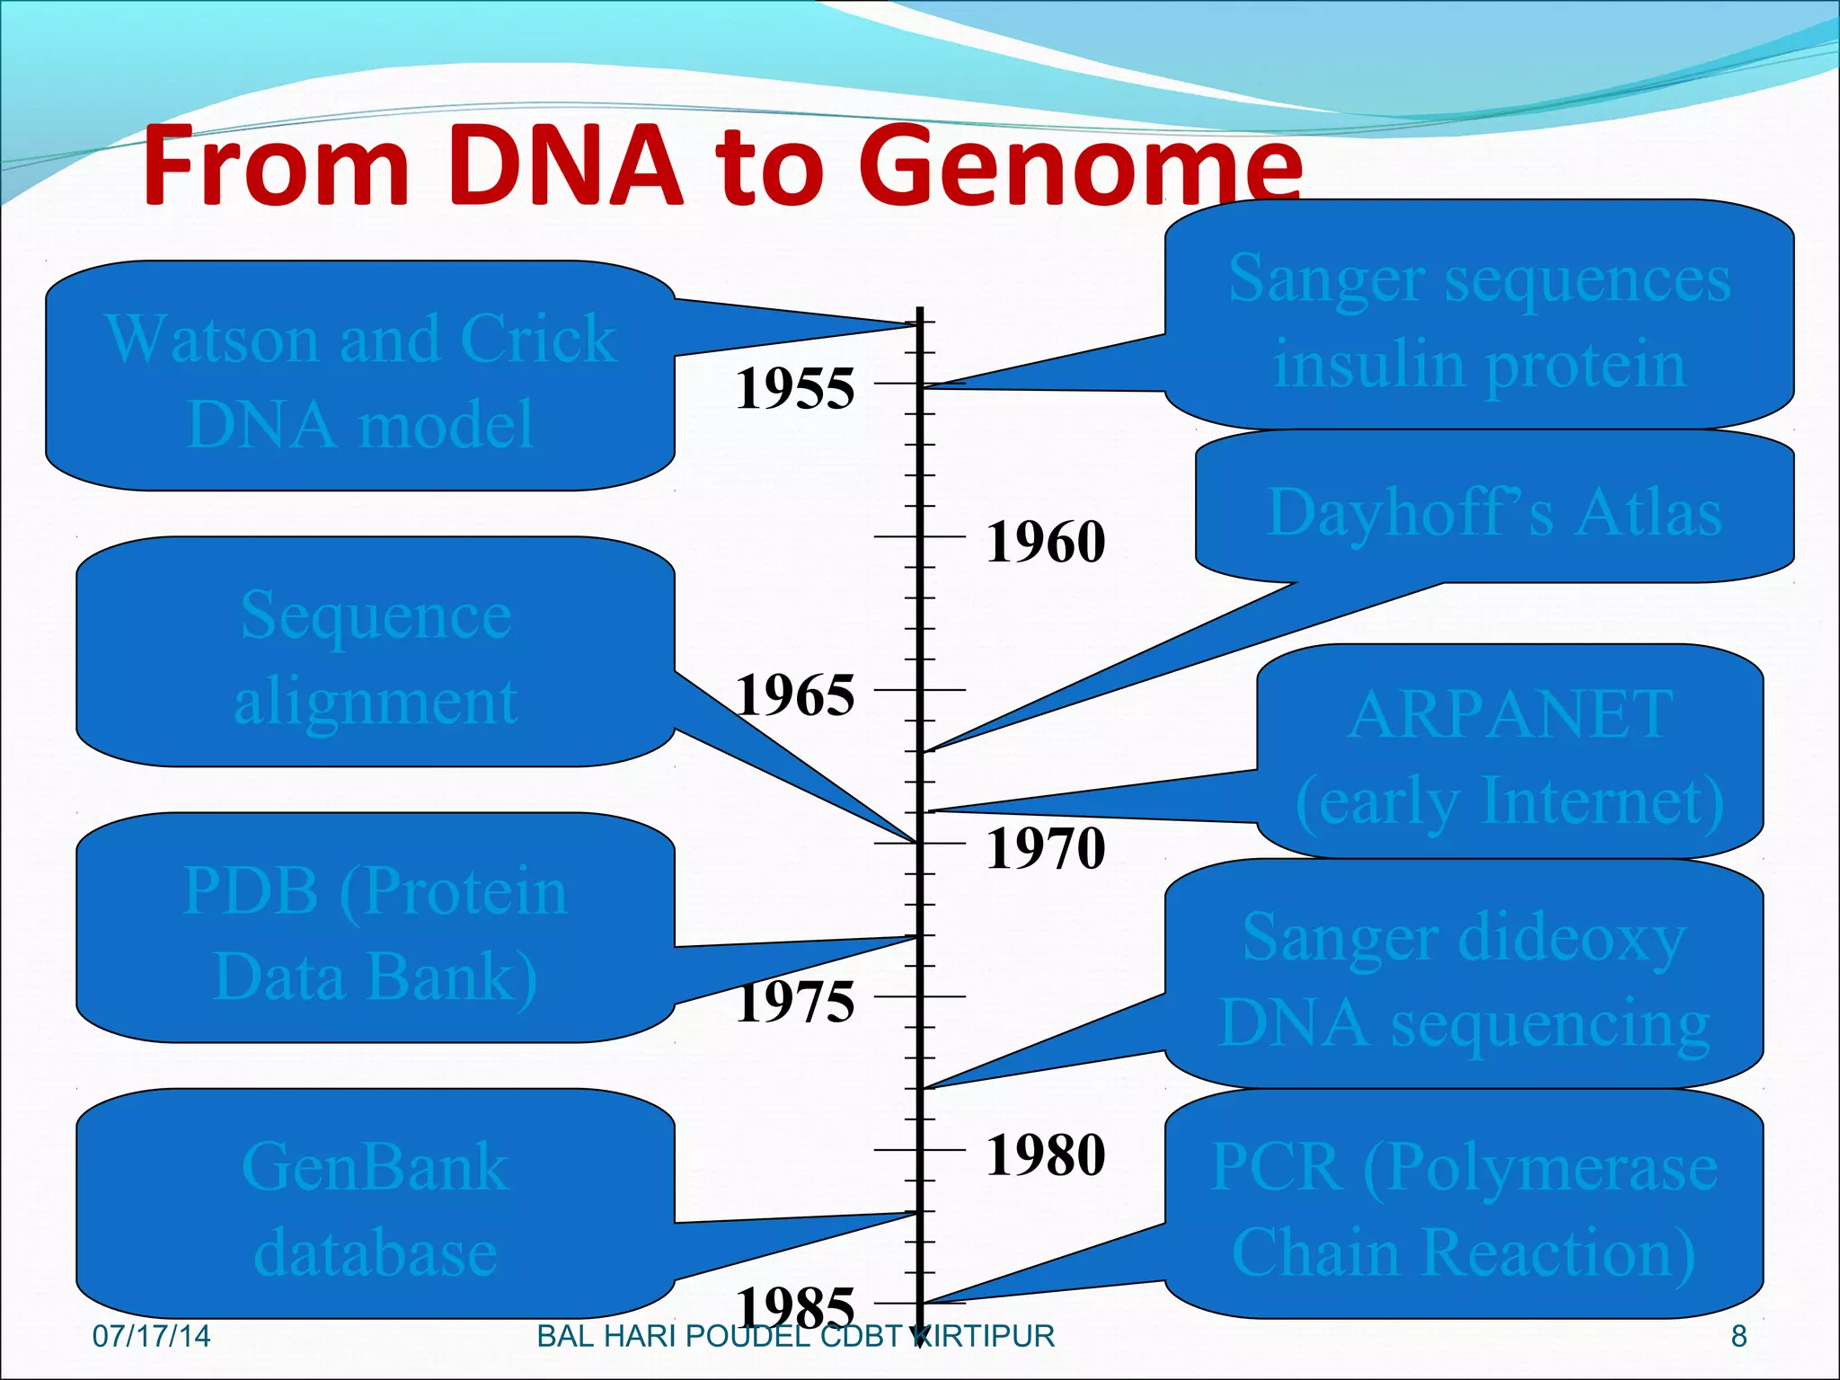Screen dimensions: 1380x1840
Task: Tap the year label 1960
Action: coord(1046,542)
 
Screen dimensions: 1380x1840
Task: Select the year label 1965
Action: coord(795,695)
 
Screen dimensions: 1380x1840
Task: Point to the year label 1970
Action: coord(1046,848)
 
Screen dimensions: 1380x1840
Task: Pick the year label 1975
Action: coord(795,1002)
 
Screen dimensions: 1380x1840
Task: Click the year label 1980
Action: coord(1046,1154)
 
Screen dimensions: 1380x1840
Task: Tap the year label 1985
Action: coord(795,1306)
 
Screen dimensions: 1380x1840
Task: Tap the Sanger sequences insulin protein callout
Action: coord(1479,319)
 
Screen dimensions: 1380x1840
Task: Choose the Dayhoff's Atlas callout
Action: coord(1494,511)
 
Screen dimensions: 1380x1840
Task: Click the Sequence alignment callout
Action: coord(376,656)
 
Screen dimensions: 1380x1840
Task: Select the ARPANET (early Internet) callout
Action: coord(1509,755)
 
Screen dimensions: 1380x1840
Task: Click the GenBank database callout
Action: coord(376,1207)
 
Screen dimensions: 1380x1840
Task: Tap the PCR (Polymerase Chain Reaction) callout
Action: coord(1464,1207)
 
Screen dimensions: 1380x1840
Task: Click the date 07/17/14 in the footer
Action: coord(151,1336)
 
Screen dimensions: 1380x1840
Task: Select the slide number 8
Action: coord(1738,1336)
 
